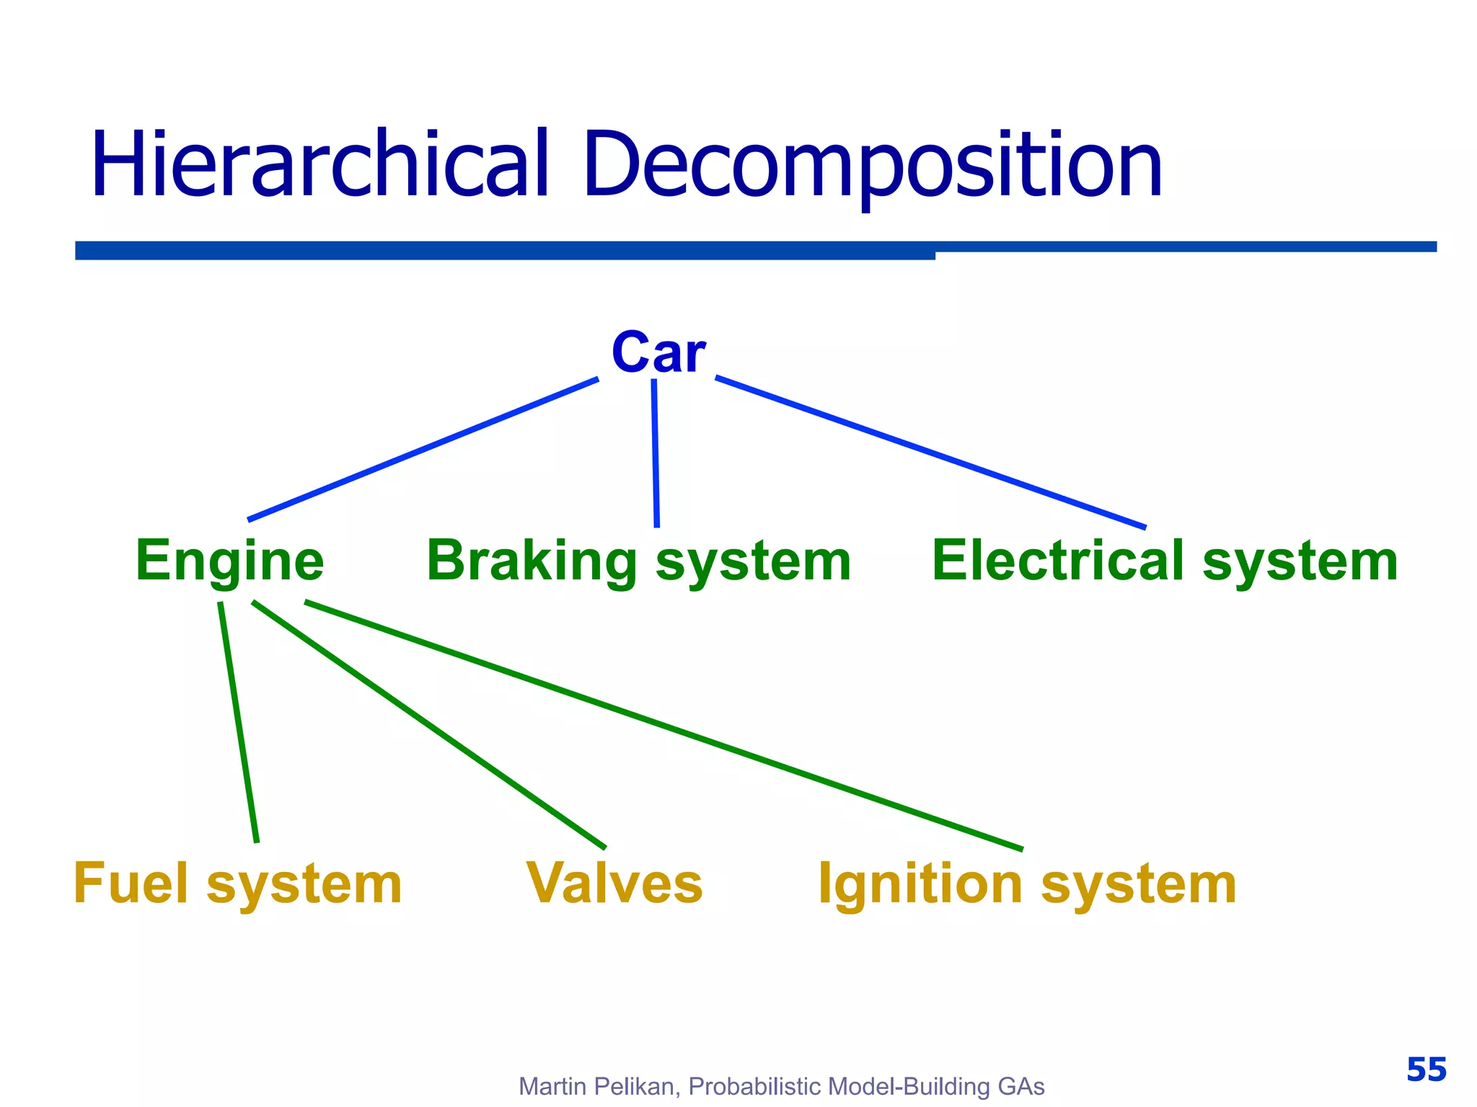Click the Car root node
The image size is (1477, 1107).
click(x=658, y=352)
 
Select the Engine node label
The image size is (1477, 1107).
click(x=229, y=561)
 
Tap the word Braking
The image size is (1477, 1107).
click(x=532, y=561)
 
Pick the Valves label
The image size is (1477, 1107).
click(x=614, y=884)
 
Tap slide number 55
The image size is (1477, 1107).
click(x=1426, y=1070)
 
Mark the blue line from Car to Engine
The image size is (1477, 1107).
click(x=423, y=448)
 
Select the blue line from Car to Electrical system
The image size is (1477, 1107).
click(x=930, y=452)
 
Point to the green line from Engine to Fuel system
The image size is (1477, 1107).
click(x=239, y=721)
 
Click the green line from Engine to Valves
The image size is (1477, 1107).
click(x=429, y=725)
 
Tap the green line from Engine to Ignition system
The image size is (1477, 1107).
click(x=663, y=725)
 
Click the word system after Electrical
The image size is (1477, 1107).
click(x=1300, y=561)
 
